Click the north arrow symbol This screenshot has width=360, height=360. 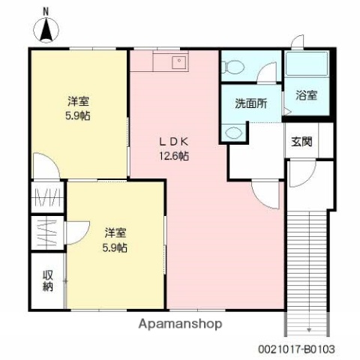[x=47, y=29]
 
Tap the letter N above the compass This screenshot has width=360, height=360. [x=46, y=10]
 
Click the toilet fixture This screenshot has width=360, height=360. [x=233, y=67]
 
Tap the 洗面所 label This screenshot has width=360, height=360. [x=250, y=103]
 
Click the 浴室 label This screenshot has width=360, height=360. [x=307, y=96]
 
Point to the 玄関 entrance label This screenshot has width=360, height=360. [x=302, y=140]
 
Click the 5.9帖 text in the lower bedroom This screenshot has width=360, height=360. [x=115, y=247]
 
